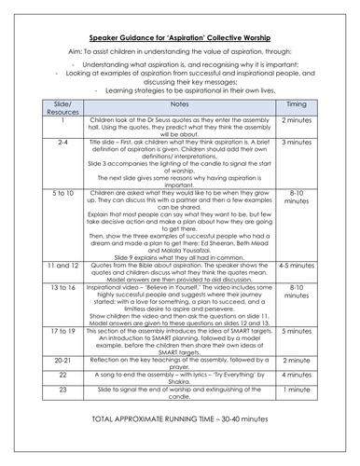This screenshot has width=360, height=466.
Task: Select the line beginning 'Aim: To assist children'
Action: pyautogui.click(x=179, y=44)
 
